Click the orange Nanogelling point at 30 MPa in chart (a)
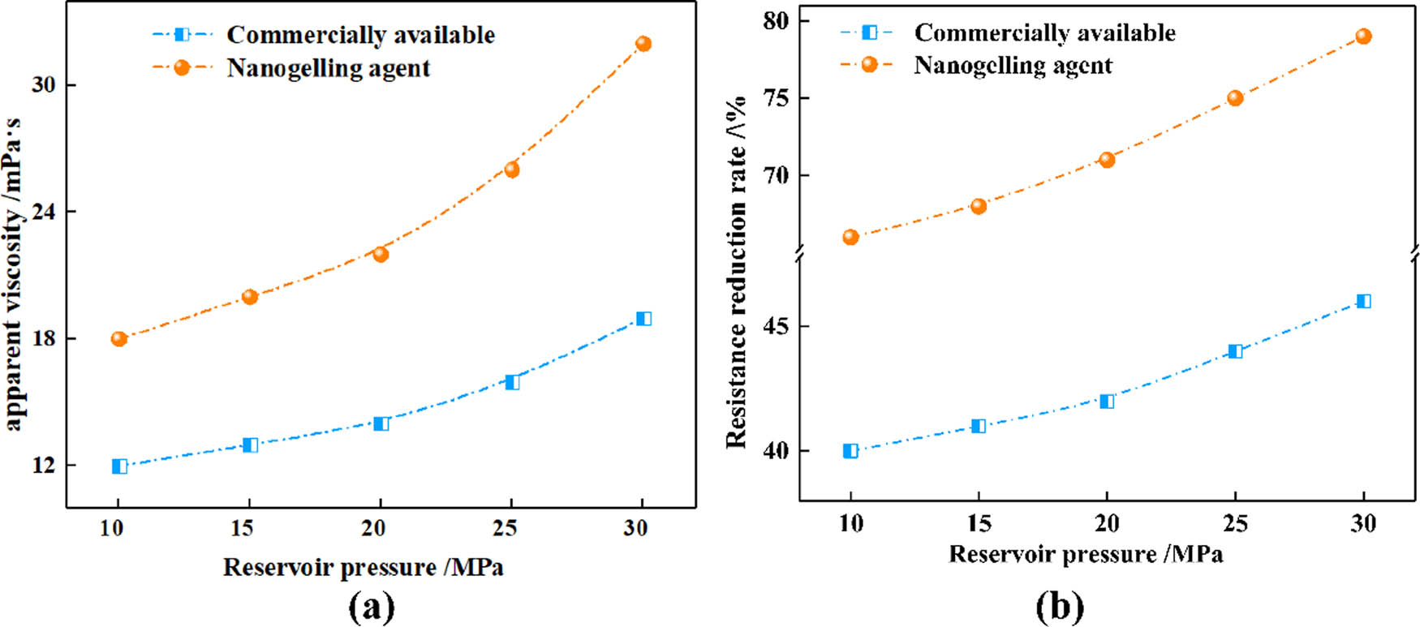coord(643,44)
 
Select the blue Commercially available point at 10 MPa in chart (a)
coord(119,466)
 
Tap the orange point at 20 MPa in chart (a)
coord(381,255)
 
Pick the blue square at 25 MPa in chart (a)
coord(512,382)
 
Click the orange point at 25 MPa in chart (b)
coord(1235,98)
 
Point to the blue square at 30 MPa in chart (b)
coord(1364,302)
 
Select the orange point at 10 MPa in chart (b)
coord(850,238)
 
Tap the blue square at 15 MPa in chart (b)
coord(979,426)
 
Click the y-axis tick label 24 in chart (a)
coord(44,212)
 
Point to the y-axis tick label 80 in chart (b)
coord(776,20)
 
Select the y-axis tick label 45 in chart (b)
coord(776,326)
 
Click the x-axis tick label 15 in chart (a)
coord(243,529)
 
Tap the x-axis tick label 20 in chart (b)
coord(1107,524)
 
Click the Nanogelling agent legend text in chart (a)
coord(329,68)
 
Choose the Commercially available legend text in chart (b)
coord(1045,32)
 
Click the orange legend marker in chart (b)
coord(869,65)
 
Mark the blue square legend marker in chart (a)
coord(182,35)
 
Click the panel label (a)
coord(372,607)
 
